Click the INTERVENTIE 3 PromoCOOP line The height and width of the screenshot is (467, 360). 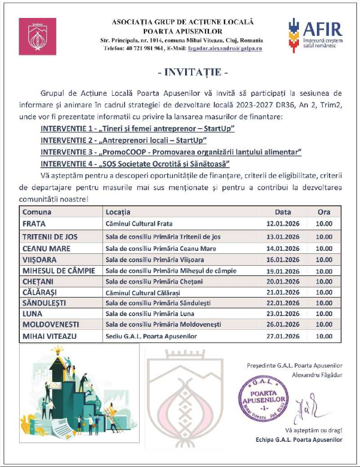(171, 151)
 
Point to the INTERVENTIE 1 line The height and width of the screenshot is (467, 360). (137, 129)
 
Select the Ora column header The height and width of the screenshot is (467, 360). (324, 212)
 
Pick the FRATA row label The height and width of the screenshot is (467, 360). (35, 224)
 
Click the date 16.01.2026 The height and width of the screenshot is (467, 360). (283, 259)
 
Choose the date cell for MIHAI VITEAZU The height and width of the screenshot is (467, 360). (283, 336)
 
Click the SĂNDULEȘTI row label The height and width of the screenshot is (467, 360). (46, 303)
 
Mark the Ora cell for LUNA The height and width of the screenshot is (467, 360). (324, 314)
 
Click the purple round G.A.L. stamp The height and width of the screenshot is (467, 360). (262, 398)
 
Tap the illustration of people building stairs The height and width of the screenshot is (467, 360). (65, 390)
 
